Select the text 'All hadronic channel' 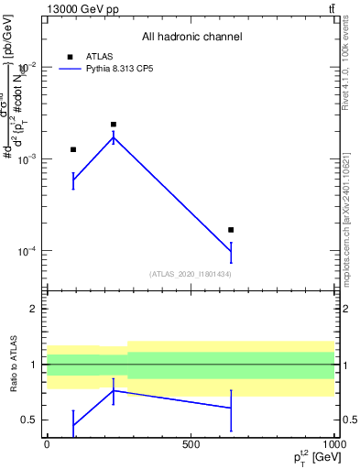191,37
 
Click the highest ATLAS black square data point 114,125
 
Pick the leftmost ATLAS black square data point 73,149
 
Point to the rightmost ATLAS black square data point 231,230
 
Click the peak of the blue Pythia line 114,137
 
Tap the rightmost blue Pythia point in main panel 231,251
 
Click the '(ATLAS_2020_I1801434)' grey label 191,274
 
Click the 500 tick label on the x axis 191,444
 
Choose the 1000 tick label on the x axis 334,444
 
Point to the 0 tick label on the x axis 47,444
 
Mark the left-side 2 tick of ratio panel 35,309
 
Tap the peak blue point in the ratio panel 114,390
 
